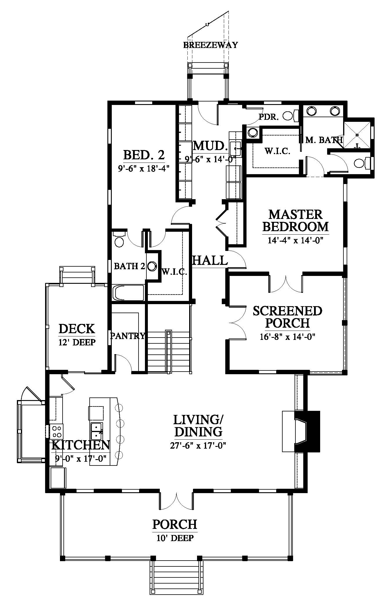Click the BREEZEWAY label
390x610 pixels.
pyautogui.click(x=210, y=45)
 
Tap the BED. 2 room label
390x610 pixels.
pyautogui.click(x=144, y=155)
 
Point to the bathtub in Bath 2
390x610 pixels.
pyautogui.click(x=128, y=292)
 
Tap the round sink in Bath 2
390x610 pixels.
pyautogui.click(x=152, y=266)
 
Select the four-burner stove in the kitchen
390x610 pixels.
pyautogui.click(x=56, y=431)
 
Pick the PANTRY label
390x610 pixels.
pyautogui.click(x=127, y=336)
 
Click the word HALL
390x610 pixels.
pyautogui.click(x=210, y=260)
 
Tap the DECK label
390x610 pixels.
pyautogui.click(x=77, y=329)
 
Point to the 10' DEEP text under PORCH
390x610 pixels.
pyautogui.click(x=175, y=538)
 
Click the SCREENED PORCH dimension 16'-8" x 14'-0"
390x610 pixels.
pyautogui.click(x=288, y=337)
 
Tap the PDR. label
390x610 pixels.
pyautogui.click(x=269, y=117)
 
